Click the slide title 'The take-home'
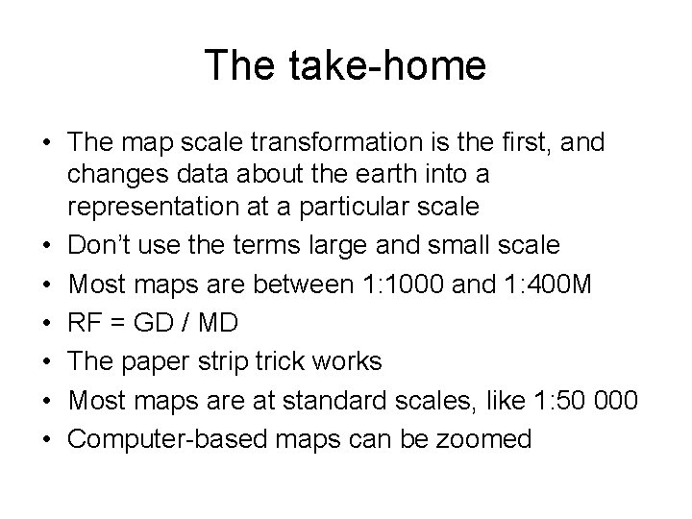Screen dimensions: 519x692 point(345,65)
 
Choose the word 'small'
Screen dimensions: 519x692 point(455,244)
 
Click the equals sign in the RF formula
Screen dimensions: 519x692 point(114,323)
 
